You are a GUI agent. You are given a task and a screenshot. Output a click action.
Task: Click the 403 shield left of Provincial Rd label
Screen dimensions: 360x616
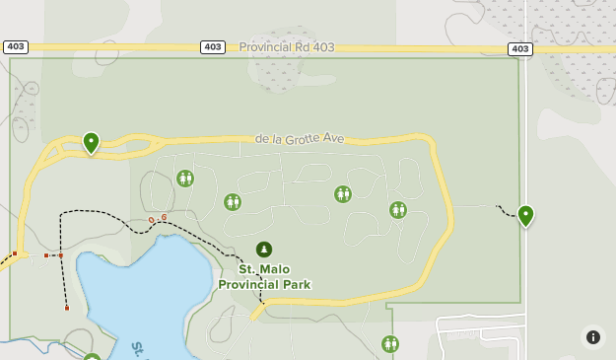[212, 47]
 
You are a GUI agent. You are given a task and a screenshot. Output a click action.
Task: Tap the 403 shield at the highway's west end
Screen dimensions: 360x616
[16, 46]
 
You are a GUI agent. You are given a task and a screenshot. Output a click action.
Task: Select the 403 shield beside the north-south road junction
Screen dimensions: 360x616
[520, 49]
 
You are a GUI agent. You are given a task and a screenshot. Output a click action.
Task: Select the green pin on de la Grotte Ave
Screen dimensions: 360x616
[91, 142]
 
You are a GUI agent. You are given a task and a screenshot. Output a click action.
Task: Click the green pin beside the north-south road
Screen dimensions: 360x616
[525, 215]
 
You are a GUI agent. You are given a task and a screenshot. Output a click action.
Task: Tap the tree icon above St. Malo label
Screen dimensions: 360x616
[264, 250]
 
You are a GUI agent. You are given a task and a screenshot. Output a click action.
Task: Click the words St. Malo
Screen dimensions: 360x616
[264, 268]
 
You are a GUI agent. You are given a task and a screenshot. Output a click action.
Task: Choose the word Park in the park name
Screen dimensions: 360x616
[295, 284]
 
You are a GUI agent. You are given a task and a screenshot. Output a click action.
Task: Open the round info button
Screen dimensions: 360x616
[592, 336]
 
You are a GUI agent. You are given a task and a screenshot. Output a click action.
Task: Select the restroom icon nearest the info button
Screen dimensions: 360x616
[390, 343]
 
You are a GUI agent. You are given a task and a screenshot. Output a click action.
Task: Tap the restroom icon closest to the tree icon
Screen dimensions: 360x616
[232, 201]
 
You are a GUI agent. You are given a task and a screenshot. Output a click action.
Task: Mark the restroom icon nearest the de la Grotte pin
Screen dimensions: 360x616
[185, 179]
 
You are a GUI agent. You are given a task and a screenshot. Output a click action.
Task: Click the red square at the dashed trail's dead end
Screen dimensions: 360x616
[67, 308]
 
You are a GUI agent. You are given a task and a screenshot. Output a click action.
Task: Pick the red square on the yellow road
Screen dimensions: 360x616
[15, 253]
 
